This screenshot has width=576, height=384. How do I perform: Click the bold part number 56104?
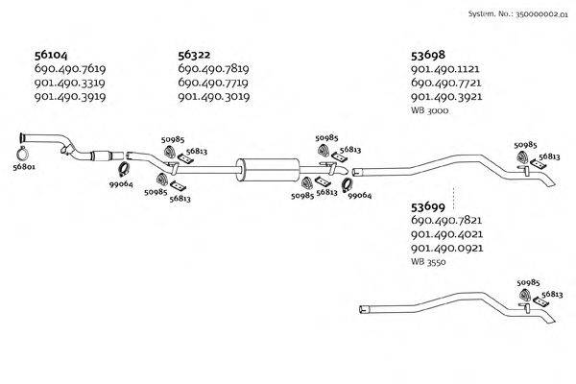tap(51, 56)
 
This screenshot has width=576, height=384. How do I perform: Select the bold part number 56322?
tap(197, 56)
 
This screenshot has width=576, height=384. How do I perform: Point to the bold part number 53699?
tap(428, 206)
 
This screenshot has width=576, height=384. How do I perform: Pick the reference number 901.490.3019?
tap(214, 97)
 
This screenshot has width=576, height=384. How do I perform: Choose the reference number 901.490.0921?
tap(445, 248)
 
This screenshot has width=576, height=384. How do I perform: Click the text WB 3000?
tap(429, 111)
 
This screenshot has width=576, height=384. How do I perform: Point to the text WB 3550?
tap(429, 261)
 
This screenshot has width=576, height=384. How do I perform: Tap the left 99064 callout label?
tap(120, 184)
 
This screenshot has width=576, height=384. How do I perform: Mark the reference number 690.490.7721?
tap(445, 84)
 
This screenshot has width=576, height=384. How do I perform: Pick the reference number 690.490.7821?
tap(445, 220)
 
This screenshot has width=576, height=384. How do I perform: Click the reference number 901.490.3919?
tap(69, 97)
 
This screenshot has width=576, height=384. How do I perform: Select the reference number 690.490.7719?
tap(214, 84)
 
